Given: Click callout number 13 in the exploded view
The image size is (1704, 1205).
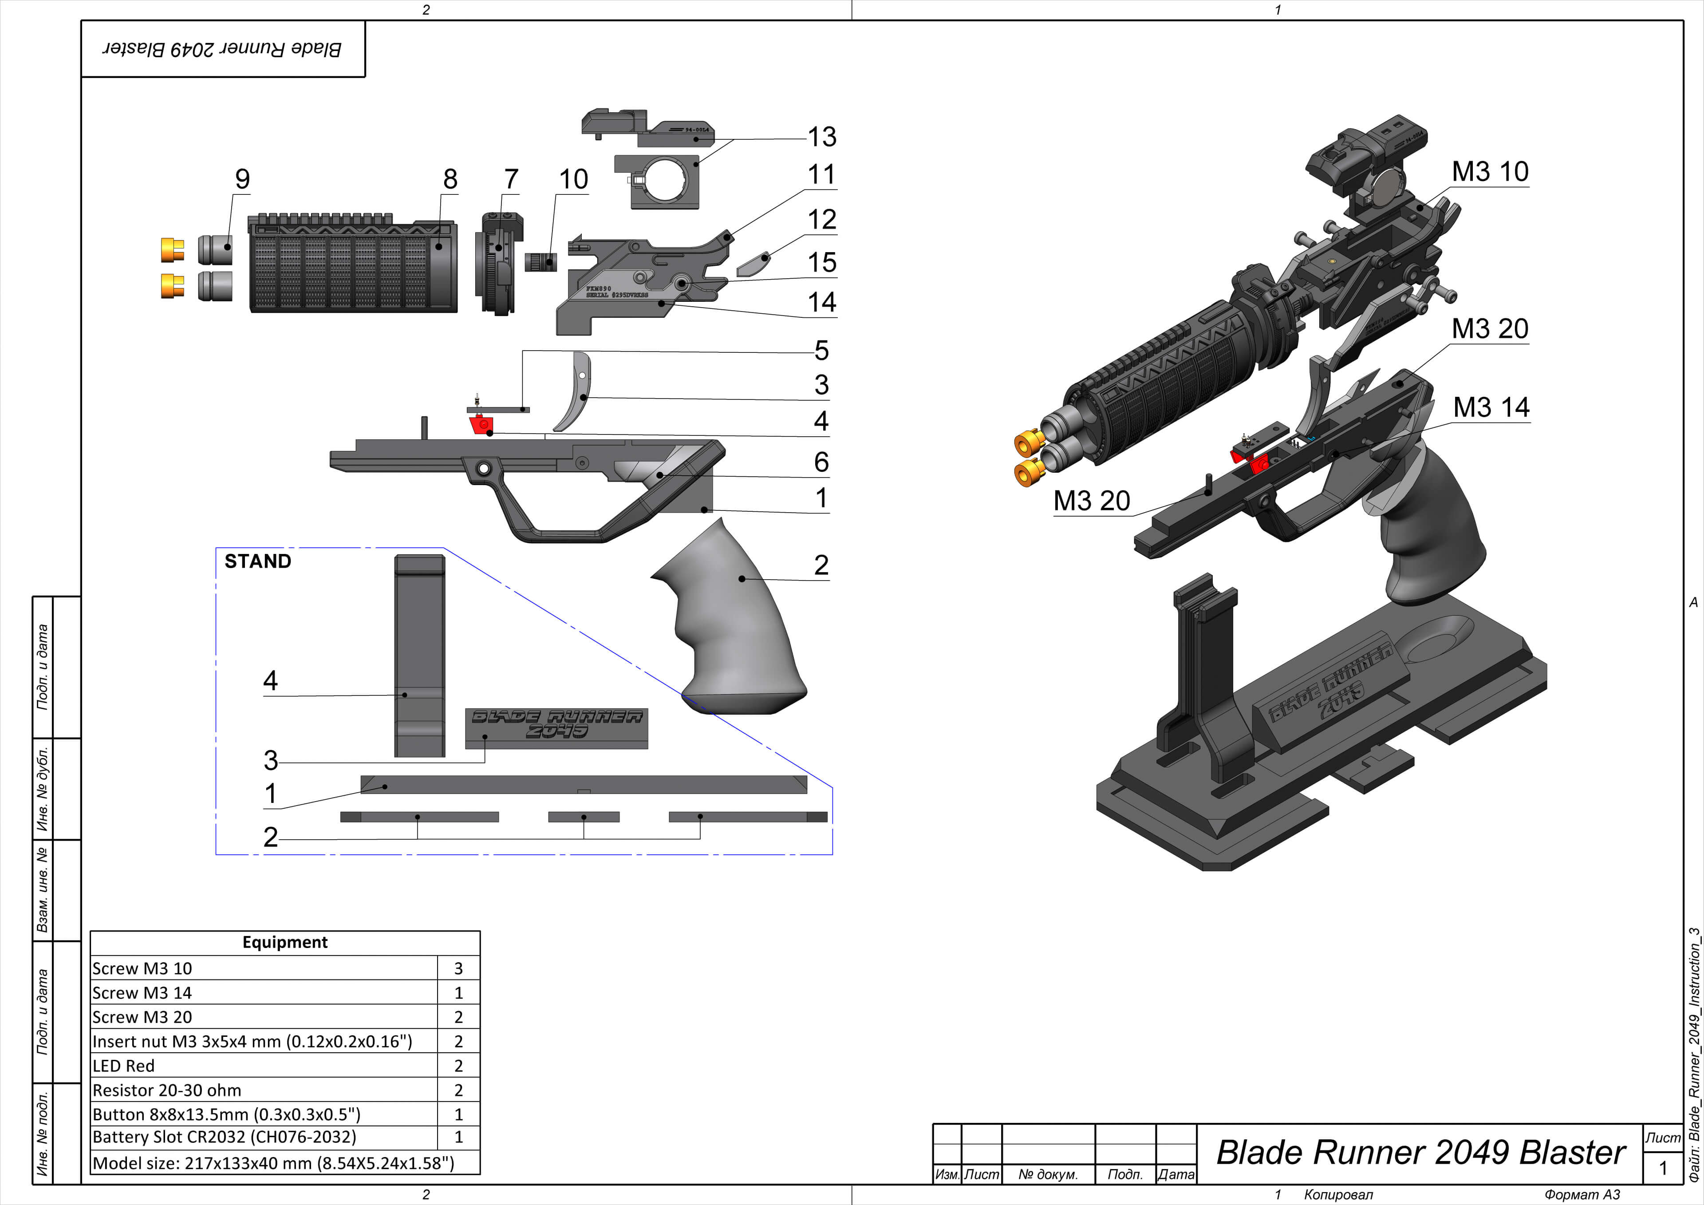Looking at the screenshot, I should [x=821, y=137].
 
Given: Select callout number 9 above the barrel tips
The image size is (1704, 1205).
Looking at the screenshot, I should [x=242, y=179].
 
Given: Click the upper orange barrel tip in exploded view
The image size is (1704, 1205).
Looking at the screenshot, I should [x=172, y=249].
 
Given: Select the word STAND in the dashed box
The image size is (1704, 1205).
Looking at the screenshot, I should [x=257, y=561].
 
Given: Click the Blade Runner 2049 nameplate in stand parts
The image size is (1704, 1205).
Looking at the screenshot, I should [x=556, y=727].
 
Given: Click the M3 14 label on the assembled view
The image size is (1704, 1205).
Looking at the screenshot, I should [x=1491, y=407].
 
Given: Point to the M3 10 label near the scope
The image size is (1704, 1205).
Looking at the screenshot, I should [x=1490, y=171].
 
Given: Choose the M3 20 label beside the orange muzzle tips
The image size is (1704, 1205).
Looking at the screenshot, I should [x=1091, y=501].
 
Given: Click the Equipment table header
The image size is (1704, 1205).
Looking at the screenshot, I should [x=284, y=942].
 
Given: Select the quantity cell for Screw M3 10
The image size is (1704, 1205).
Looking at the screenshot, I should [x=458, y=968].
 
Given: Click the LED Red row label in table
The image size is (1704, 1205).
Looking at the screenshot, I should [x=124, y=1066].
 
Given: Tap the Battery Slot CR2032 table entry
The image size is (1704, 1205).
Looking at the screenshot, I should [x=224, y=1137].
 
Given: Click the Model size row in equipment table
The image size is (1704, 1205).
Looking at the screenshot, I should [x=272, y=1163].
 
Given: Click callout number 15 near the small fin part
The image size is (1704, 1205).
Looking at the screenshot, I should [x=821, y=262].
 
